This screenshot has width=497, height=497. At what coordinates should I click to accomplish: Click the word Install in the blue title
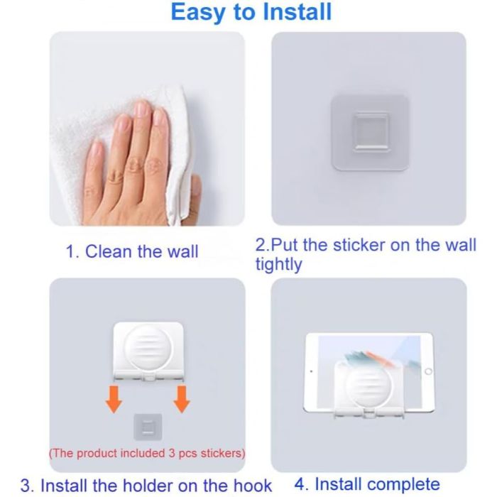click(x=297, y=12)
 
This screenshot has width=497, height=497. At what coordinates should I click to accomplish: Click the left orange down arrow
click(x=114, y=399)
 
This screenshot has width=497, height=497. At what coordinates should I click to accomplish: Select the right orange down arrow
click(x=182, y=399)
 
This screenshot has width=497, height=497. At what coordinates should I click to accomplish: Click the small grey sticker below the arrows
click(x=148, y=427)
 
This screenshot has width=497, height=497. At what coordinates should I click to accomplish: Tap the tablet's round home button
click(x=428, y=371)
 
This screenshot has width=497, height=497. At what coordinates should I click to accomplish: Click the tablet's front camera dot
click(x=311, y=371)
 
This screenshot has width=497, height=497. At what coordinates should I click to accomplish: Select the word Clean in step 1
click(x=109, y=251)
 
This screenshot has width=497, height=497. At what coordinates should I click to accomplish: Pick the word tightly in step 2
click(x=279, y=265)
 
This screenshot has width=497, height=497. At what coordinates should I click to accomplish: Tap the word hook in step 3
click(x=253, y=485)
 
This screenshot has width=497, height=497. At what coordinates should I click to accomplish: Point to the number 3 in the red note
click(x=172, y=453)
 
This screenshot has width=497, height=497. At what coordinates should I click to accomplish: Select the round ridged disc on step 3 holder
click(x=148, y=348)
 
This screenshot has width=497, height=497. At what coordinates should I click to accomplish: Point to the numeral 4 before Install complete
click(x=300, y=484)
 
